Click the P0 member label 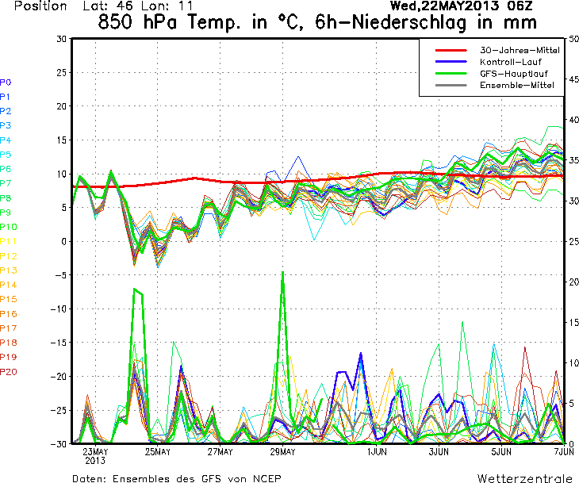[x=6, y=82]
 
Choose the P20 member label [x=9, y=371]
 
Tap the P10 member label [x=9, y=227]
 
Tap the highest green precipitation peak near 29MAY [x=282, y=273]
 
